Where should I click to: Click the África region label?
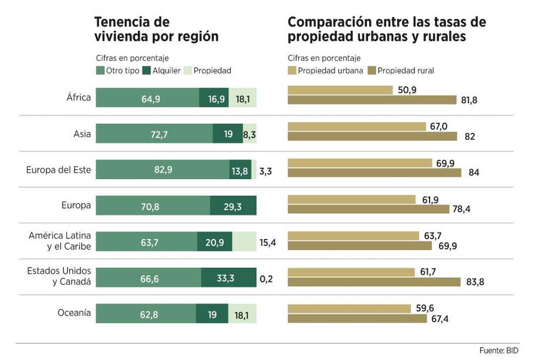point(79,97)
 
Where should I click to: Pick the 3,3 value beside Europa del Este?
point(265,171)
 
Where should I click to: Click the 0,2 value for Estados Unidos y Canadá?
point(266,278)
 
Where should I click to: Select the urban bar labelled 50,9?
point(340,90)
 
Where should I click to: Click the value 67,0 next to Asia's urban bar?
point(438,126)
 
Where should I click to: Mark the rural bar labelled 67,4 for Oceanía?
point(357,318)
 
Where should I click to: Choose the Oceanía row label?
point(75,312)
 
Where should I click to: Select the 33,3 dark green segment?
point(228,278)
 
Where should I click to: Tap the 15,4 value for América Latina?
point(267,242)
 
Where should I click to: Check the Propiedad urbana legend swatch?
point(292,70)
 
